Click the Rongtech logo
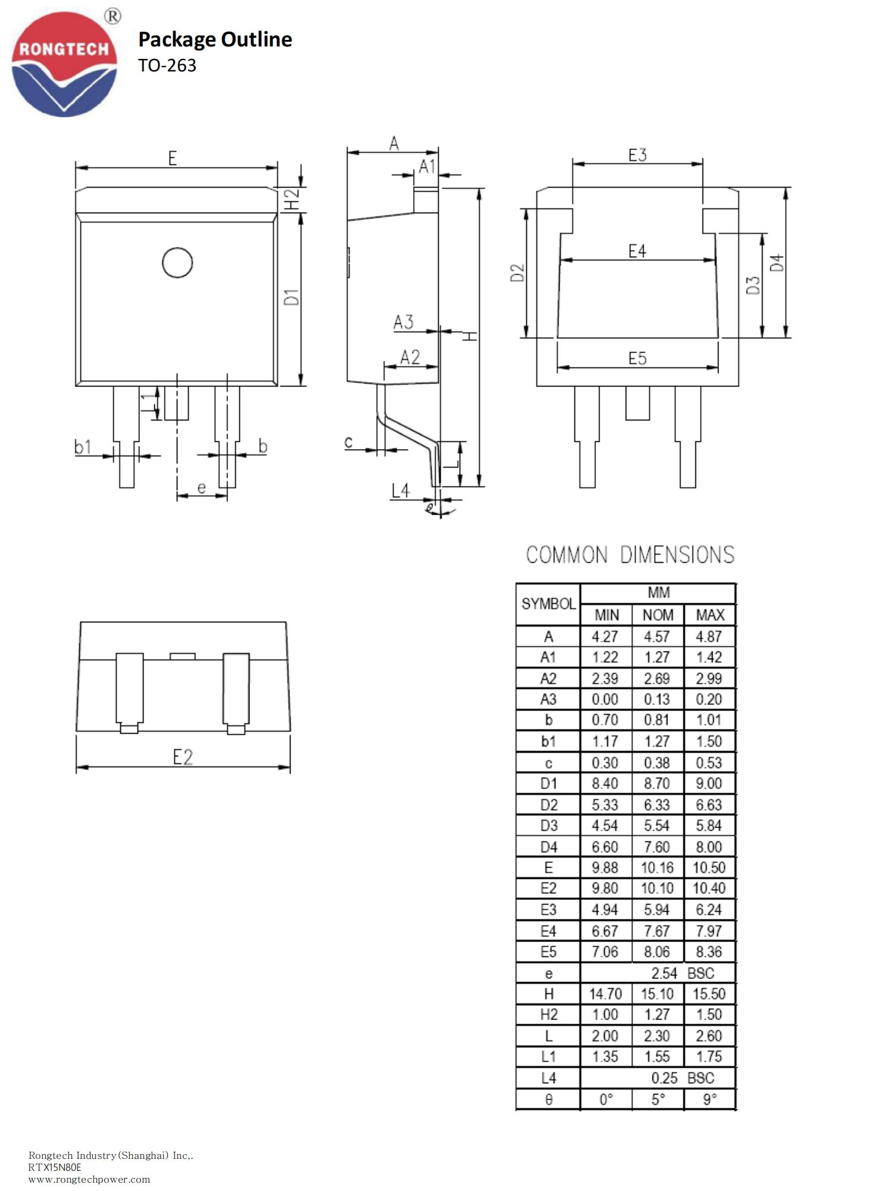pyautogui.click(x=64, y=64)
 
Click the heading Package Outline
pyautogui.click(x=215, y=39)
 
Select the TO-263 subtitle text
pyautogui.click(x=167, y=66)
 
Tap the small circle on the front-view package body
pyautogui.click(x=177, y=263)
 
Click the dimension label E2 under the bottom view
pyautogui.click(x=183, y=757)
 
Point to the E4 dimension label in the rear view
pyautogui.click(x=637, y=251)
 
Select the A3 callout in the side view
pyautogui.click(x=403, y=322)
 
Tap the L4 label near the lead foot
pyautogui.click(x=401, y=490)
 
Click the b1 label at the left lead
pyautogui.click(x=83, y=447)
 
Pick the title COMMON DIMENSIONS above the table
pyautogui.click(x=630, y=555)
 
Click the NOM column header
pyautogui.click(x=658, y=615)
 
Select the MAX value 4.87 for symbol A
pyautogui.click(x=708, y=637)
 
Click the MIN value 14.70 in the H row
pyautogui.click(x=605, y=994)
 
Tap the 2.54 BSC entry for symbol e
pyautogui.click(x=682, y=973)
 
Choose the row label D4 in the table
pyautogui.click(x=548, y=847)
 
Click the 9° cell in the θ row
pyautogui.click(x=709, y=1099)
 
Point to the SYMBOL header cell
pyautogui.click(x=548, y=604)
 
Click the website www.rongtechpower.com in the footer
pyautogui.click(x=89, y=1179)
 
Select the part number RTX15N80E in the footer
pyautogui.click(x=55, y=1167)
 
